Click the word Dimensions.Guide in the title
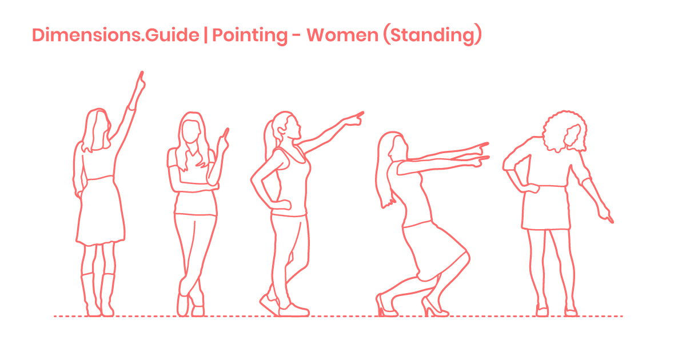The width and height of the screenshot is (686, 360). (x=115, y=35)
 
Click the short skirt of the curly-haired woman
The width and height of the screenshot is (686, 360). (x=545, y=209)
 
